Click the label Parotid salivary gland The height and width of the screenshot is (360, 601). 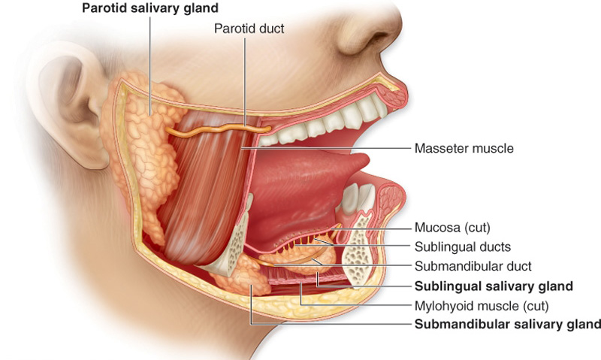coord(150,8)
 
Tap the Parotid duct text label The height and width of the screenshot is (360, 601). coord(249,29)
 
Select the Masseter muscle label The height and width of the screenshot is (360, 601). coord(464,148)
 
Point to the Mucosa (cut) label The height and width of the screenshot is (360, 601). coord(452,227)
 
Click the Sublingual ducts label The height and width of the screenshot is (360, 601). coord(463,247)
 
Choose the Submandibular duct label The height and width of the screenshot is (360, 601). coord(473,266)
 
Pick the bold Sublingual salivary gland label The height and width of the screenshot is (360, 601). coord(494,286)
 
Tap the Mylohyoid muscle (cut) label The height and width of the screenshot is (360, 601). coord(482,306)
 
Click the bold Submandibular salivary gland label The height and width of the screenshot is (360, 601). coord(508,325)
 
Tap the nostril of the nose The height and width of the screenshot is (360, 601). coord(373,39)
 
